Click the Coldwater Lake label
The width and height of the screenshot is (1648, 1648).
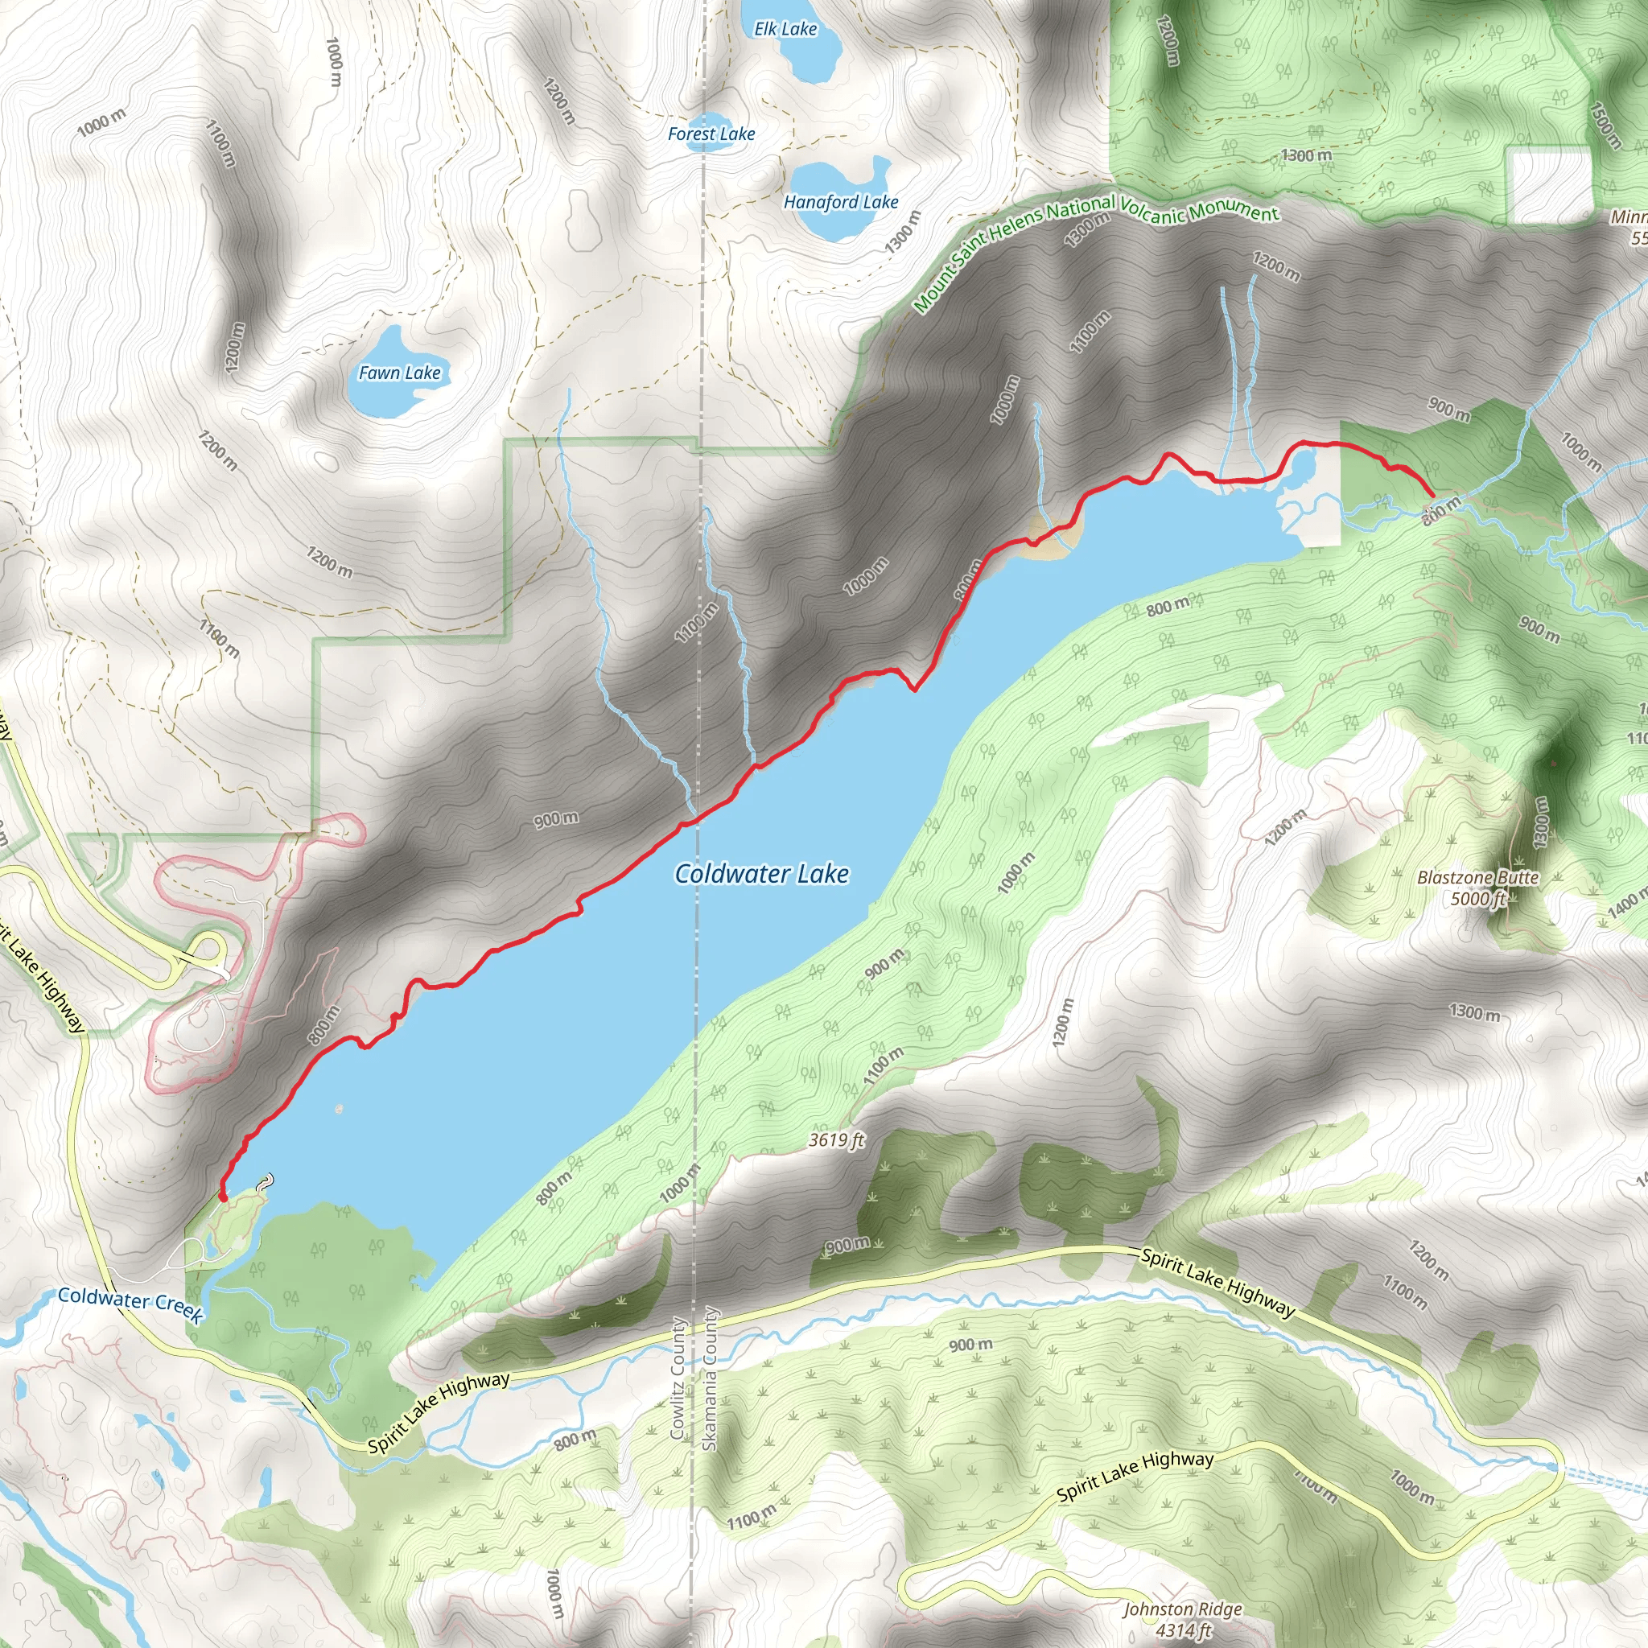click(761, 873)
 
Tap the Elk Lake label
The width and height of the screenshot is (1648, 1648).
click(785, 29)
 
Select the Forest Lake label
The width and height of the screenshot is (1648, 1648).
click(711, 134)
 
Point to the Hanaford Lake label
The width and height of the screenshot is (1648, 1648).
click(841, 202)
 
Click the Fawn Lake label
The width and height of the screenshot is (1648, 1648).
click(399, 373)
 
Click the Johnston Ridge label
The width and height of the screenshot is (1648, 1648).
click(1181, 1609)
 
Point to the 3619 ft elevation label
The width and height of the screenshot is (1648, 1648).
click(837, 1139)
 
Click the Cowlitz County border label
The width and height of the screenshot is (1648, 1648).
click(679, 1378)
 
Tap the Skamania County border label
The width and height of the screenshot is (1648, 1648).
click(710, 1378)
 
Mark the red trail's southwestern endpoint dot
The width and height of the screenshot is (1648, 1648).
click(224, 1197)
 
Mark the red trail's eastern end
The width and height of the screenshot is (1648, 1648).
click(1431, 494)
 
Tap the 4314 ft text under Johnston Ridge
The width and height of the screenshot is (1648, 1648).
click(1183, 1630)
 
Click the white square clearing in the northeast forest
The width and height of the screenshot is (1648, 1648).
click(1549, 184)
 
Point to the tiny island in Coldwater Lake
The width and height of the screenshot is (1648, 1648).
click(340, 1109)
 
